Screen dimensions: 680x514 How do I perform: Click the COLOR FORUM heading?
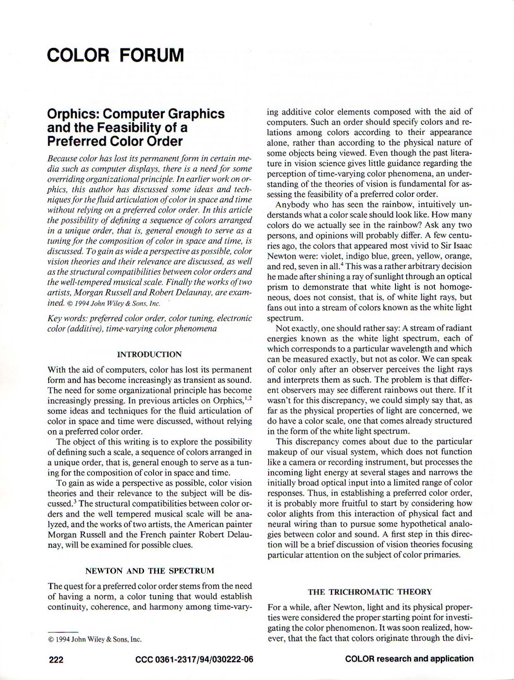click(115, 55)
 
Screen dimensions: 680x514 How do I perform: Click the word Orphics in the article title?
click(71, 114)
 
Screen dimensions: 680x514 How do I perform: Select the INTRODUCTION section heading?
click(149, 354)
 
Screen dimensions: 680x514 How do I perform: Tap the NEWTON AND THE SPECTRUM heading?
click(149, 571)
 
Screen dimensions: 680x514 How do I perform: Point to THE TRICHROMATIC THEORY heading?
click(370, 592)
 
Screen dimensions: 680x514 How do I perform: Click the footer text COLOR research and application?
click(409, 659)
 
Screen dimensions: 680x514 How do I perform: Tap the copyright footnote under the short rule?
click(95, 640)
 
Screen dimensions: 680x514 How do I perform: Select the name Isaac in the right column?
click(461, 246)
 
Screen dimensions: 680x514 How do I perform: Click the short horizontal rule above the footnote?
click(63, 632)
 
